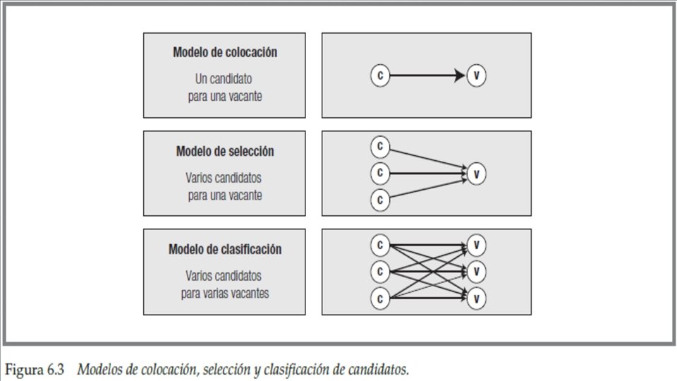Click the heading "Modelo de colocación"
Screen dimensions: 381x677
click(224, 52)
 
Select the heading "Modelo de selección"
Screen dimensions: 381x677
click(224, 152)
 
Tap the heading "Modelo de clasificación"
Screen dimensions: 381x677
click(224, 249)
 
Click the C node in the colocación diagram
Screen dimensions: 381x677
click(380, 75)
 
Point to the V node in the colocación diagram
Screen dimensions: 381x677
click(477, 75)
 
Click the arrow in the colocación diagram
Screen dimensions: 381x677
click(428, 75)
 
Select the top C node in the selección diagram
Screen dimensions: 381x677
click(380, 147)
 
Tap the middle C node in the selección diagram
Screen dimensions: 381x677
click(380, 173)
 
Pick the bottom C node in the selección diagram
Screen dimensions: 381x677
click(380, 200)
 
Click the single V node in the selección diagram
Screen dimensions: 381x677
click(477, 173)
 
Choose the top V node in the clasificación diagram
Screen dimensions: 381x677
click(477, 245)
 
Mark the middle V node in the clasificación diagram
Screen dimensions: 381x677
click(477, 271)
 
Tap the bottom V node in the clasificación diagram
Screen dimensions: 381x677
click(477, 298)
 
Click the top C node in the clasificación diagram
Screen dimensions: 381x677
click(380, 245)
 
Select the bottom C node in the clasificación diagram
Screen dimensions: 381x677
click(380, 298)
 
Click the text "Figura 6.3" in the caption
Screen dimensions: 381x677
click(35, 369)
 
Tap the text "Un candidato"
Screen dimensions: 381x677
click(224, 79)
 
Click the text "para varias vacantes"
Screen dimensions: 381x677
click(224, 293)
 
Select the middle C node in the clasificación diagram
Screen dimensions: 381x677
click(380, 271)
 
